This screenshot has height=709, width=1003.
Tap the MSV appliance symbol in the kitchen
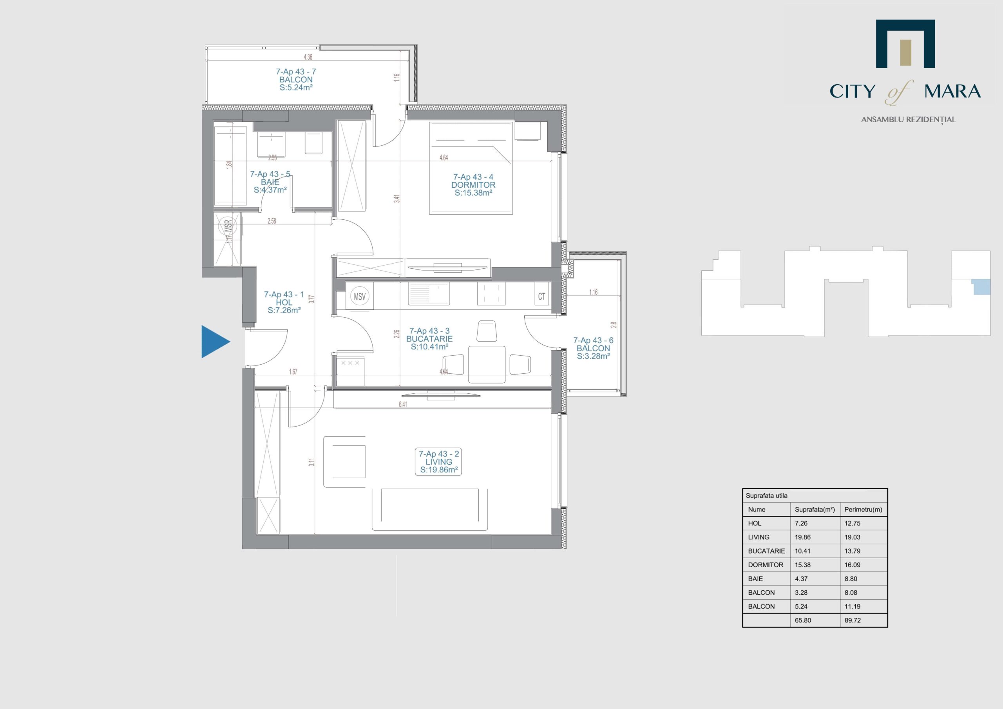(x=360, y=297)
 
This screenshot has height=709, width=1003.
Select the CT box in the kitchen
(x=542, y=297)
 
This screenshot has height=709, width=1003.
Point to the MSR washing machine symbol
(x=228, y=226)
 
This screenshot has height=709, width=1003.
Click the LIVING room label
(x=438, y=462)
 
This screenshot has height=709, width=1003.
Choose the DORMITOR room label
(x=473, y=185)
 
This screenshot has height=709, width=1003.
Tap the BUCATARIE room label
(x=429, y=339)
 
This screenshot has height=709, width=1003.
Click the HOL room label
(x=284, y=302)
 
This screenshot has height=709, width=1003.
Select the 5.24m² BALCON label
(x=296, y=80)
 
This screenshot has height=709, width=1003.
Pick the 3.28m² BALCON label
(x=593, y=348)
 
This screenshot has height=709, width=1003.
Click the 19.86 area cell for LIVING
(x=802, y=537)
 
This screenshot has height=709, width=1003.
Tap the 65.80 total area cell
(x=802, y=620)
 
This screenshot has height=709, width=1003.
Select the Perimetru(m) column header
(x=863, y=509)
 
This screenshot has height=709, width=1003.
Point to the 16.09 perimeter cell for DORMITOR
(x=852, y=565)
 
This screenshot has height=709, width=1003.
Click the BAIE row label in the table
(x=755, y=579)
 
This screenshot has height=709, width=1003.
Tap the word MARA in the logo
(x=952, y=91)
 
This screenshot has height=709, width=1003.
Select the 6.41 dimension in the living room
(x=403, y=405)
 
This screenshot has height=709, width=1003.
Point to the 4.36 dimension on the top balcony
(x=308, y=57)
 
